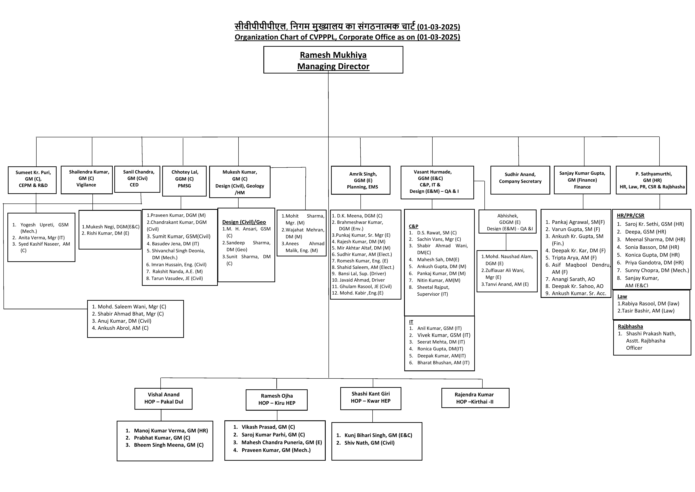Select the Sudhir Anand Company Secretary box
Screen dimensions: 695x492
(x=520, y=180)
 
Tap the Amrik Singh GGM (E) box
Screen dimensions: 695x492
(x=360, y=180)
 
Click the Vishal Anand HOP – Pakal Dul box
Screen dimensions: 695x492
(x=163, y=399)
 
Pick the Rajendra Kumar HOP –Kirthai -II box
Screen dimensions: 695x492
(x=475, y=398)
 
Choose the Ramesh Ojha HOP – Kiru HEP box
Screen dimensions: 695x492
(x=277, y=400)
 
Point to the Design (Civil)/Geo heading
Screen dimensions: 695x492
(x=244, y=222)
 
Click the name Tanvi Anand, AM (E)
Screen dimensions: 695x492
(x=505, y=284)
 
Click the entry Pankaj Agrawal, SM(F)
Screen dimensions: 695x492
(x=575, y=222)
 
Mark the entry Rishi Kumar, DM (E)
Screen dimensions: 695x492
(x=105, y=233)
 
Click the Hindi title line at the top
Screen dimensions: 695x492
(x=347, y=27)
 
